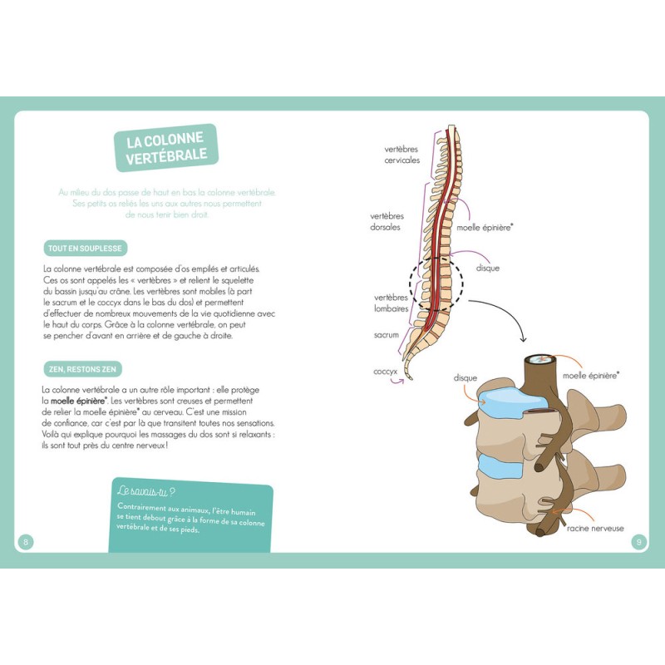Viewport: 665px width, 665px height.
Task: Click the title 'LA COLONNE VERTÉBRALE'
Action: [x=166, y=148]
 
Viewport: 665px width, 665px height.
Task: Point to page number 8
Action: [x=26, y=542]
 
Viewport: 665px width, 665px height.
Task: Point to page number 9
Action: [x=638, y=542]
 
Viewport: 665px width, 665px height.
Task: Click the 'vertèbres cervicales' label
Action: [x=401, y=155]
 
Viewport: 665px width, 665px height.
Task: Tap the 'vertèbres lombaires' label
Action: [x=391, y=303]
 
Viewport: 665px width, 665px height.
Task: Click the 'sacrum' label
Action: [x=387, y=335]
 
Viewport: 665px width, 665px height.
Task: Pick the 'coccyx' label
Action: [x=386, y=372]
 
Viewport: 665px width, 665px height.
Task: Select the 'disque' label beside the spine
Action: [x=488, y=268]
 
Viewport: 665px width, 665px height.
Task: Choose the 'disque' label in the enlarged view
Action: [x=465, y=378]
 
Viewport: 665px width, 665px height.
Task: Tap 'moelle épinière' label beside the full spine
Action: [x=485, y=226]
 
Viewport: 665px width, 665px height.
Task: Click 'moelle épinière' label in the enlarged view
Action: [x=591, y=376]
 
